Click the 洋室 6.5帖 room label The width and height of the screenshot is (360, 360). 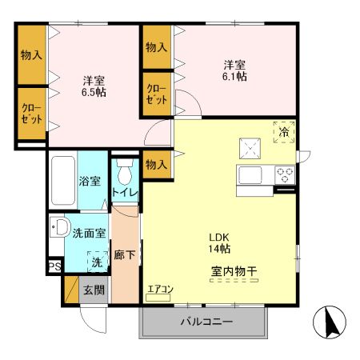pyautogui.click(x=94, y=86)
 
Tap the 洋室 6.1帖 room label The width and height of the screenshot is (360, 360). pyautogui.click(x=234, y=70)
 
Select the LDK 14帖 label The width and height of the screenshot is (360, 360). pyautogui.click(x=220, y=242)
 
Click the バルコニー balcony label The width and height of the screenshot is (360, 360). pyautogui.click(x=206, y=322)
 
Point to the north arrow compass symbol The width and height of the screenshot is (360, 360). pyautogui.click(x=331, y=323)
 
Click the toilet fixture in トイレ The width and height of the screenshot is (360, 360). pyautogui.click(x=125, y=173)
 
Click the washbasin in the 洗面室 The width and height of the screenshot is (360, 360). pyautogui.click(x=58, y=227)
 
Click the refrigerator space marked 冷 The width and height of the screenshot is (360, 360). pyautogui.click(x=282, y=132)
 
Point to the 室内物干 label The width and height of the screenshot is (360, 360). pyautogui.click(x=234, y=272)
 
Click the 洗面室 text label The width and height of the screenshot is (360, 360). pyautogui.click(x=89, y=234)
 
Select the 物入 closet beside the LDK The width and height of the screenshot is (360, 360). pyautogui.click(x=156, y=164)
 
